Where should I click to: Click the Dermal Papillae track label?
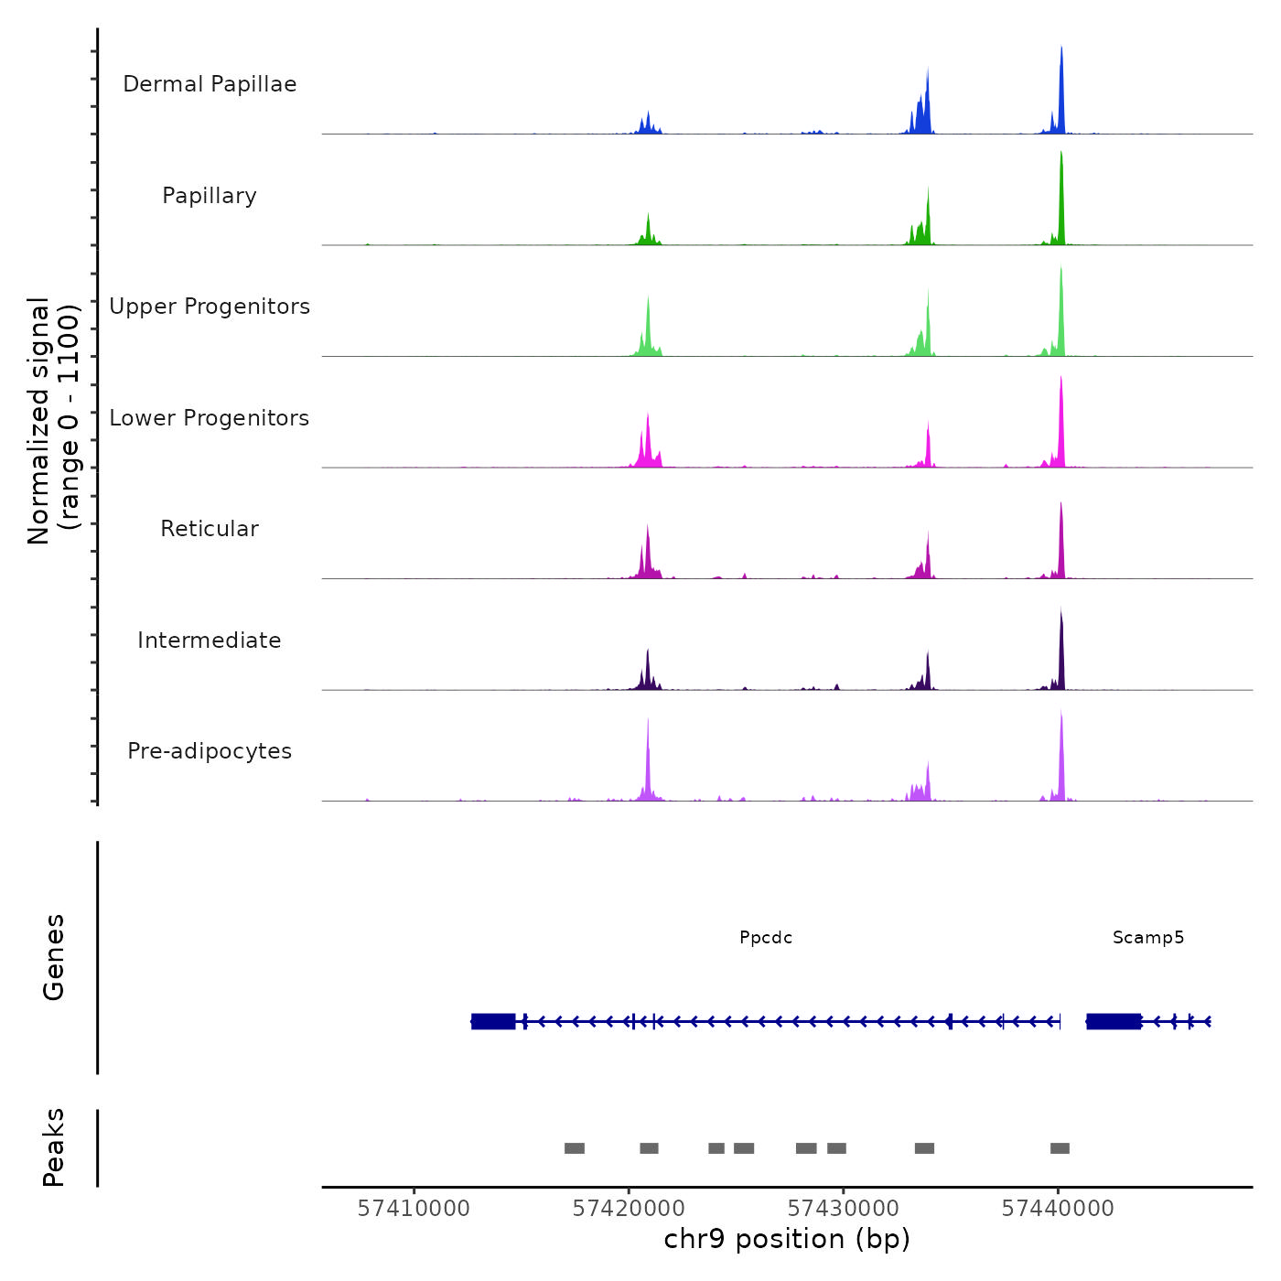[210, 84]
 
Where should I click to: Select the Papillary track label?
[210, 196]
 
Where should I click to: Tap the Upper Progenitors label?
[210, 307]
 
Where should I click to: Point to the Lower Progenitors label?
[210, 418]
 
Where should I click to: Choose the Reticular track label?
[210, 529]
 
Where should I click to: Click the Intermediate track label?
[210, 640]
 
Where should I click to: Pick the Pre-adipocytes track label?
[210, 751]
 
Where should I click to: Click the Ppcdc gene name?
[766, 938]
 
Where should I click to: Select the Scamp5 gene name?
[1148, 938]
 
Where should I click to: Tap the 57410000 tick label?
[414, 1209]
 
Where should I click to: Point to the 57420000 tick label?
[629, 1209]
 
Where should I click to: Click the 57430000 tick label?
[844, 1209]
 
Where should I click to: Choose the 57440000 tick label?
[1058, 1209]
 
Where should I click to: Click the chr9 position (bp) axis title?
[787, 1239]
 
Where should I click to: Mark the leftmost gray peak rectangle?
[575, 1148]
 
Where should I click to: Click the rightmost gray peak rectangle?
[1060, 1148]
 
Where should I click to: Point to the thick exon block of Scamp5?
[1114, 1021]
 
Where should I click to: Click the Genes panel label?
[54, 957]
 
